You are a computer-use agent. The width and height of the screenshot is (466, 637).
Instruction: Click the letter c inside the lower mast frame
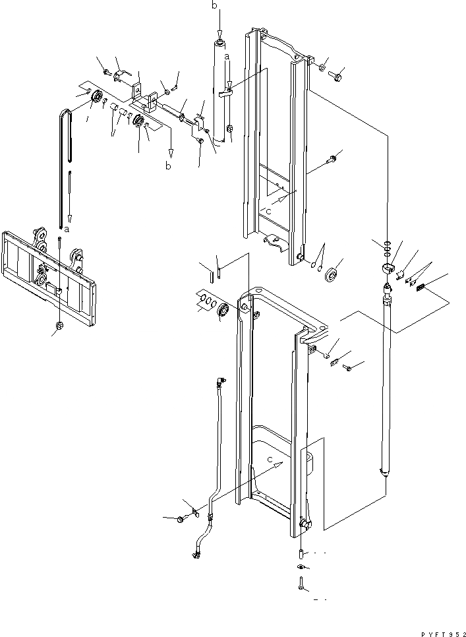pyautogui.click(x=271, y=456)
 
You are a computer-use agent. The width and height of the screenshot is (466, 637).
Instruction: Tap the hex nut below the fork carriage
pyautogui.click(x=61, y=326)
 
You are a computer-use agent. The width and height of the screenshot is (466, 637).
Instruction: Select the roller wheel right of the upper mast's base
pyautogui.click(x=332, y=273)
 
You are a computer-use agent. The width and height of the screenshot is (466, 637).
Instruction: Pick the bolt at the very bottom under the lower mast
pyautogui.click(x=299, y=582)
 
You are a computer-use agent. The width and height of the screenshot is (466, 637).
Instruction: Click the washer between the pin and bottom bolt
pyautogui.click(x=299, y=566)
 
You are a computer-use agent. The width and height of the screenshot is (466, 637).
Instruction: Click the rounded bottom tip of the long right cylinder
pyautogui.click(x=384, y=471)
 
